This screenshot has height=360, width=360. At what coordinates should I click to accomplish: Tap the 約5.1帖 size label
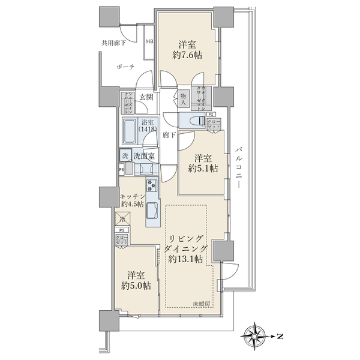coord(202,169)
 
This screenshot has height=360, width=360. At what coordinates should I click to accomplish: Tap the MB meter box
coord(149,42)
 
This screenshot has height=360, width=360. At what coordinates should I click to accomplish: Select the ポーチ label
coord(126,67)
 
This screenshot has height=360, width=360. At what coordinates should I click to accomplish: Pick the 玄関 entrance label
coord(146,97)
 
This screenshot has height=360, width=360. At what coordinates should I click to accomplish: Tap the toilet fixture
coord(193,121)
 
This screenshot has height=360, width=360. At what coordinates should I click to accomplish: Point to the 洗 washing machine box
coord(125,155)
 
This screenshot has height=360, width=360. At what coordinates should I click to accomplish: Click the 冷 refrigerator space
coord(122,220)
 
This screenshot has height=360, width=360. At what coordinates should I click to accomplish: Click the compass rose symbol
coord(257,335)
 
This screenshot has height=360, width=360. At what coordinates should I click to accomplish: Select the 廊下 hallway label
coord(169,136)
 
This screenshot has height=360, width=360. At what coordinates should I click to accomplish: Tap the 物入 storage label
coord(184,98)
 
